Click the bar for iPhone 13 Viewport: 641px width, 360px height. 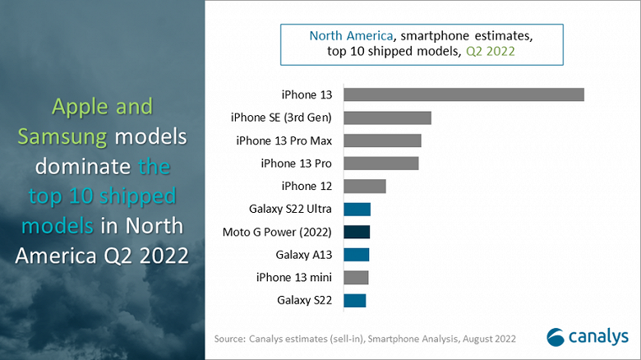pyautogui.click(x=463, y=95)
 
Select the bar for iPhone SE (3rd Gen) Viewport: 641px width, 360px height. pyautogui.click(x=387, y=118)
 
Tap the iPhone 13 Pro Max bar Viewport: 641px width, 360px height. pyautogui.click(x=382, y=141)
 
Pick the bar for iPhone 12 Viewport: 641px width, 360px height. pyautogui.click(x=364, y=186)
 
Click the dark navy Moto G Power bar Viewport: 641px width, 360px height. pyautogui.click(x=357, y=232)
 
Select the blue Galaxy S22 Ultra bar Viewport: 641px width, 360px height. pyautogui.click(x=357, y=209)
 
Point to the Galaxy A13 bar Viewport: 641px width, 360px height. pyautogui.click(x=356, y=254)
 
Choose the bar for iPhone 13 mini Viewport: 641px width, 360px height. pyautogui.click(x=356, y=277)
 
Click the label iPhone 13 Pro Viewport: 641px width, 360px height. pyautogui.click(x=296, y=163)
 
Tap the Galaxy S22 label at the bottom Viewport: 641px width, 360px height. pyautogui.click(x=305, y=300)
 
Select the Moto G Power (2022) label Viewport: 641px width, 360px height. pyautogui.click(x=277, y=232)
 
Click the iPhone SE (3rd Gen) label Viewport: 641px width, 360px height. pyautogui.click(x=282, y=118)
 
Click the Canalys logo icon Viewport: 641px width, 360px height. pyautogui.click(x=556, y=336)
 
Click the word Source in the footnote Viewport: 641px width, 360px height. pyautogui.click(x=229, y=338)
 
